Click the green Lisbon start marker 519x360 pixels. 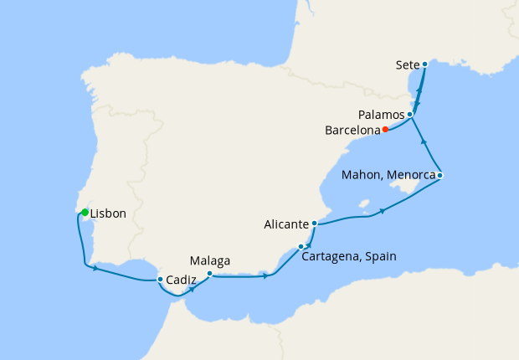[x=85, y=213]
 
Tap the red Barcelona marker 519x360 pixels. [x=384, y=130]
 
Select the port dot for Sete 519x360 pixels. [x=424, y=64]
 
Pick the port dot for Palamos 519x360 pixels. [x=410, y=114]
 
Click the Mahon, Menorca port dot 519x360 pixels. [x=439, y=175]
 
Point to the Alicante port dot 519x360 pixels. [x=314, y=224]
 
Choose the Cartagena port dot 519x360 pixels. [x=301, y=246]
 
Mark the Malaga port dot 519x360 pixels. [x=209, y=273]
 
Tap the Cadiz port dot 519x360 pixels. [x=160, y=279]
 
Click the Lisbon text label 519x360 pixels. [x=108, y=213]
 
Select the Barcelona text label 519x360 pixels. [x=352, y=130]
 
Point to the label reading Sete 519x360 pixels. [x=408, y=64]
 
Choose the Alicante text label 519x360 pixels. [x=287, y=224]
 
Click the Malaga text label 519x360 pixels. [x=210, y=260]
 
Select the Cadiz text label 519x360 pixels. [x=182, y=282]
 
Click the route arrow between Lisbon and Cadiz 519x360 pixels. [x=96, y=268]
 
